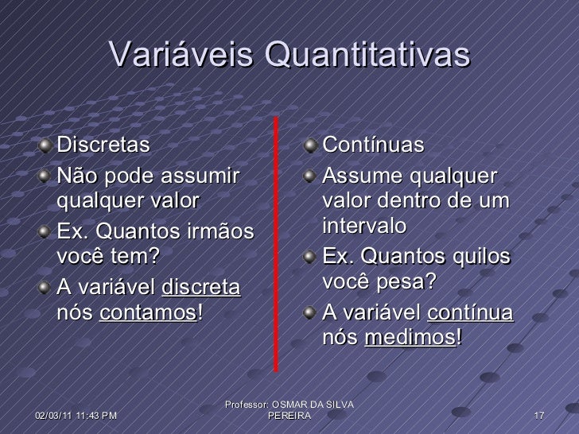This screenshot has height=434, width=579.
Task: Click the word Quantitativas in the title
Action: point(365,56)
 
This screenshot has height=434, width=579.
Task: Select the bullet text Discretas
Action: point(103,147)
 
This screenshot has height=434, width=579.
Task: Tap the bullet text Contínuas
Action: point(373,147)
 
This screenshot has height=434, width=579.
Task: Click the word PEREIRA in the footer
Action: point(289,417)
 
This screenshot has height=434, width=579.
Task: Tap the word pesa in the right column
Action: point(413,283)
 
